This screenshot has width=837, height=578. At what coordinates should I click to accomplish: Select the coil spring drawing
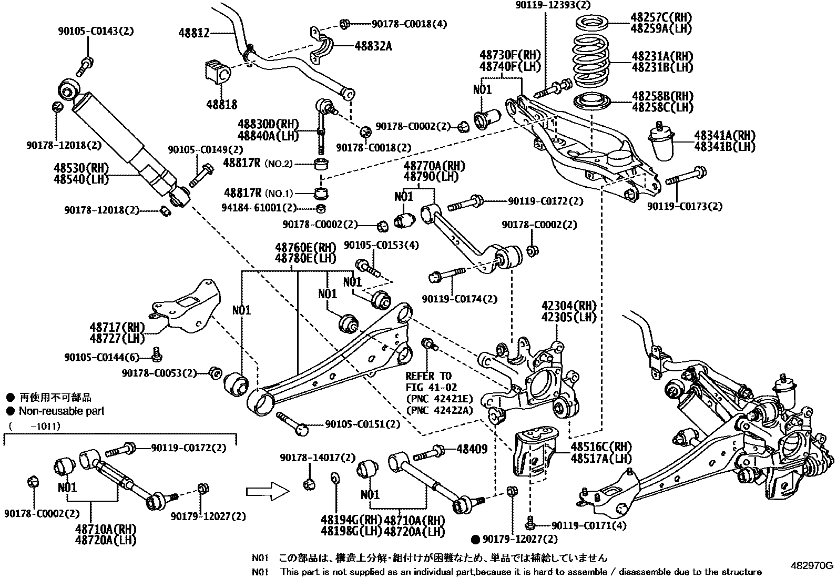[x=591, y=60]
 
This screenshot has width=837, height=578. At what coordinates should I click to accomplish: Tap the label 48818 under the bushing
[x=221, y=105]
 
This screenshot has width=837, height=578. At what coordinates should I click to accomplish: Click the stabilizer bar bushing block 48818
[x=217, y=72]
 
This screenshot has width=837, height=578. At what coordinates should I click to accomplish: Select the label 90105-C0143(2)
[x=96, y=31]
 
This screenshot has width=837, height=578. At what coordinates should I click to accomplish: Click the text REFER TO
[x=428, y=376]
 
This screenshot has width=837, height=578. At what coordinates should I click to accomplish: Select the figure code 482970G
[x=813, y=566]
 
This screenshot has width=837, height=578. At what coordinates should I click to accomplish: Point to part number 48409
[x=472, y=449]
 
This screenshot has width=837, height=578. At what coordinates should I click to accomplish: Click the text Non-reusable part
[x=62, y=411]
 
